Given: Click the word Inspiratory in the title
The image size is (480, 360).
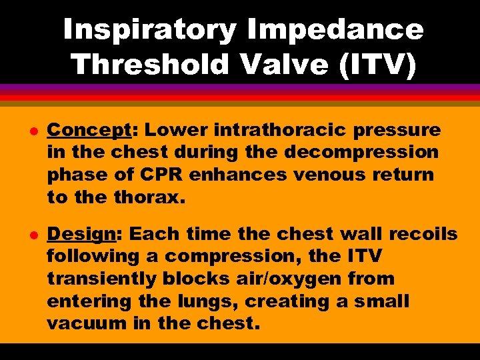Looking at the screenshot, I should pos(149,30).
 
